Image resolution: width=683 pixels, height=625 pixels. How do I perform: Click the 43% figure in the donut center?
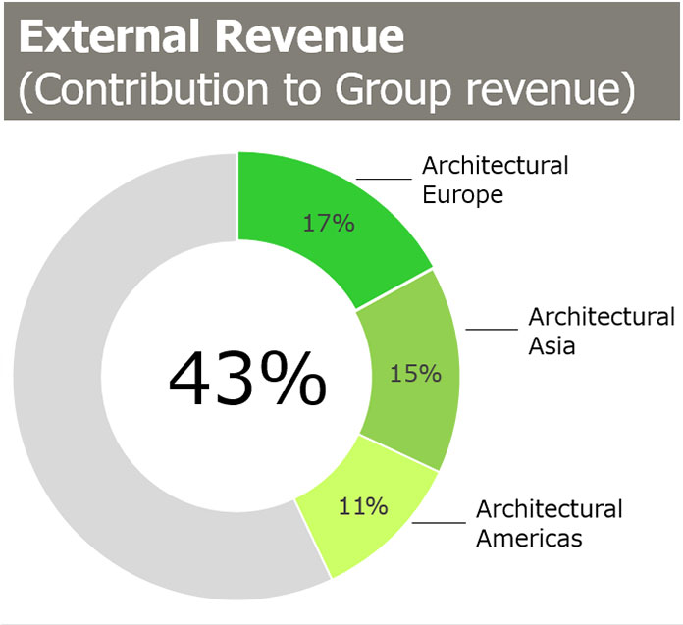[247, 379]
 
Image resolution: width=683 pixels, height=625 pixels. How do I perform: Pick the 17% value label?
[327, 223]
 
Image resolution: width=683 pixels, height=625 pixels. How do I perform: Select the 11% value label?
[363, 507]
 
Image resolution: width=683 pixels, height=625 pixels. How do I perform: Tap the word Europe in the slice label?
[462, 194]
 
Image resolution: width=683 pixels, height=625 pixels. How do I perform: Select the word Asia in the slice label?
[552, 346]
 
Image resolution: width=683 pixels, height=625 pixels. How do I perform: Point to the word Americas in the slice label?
[529, 539]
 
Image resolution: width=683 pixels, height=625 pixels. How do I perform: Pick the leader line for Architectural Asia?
[490, 330]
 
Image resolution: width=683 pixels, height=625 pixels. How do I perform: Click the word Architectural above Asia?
[602, 317]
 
